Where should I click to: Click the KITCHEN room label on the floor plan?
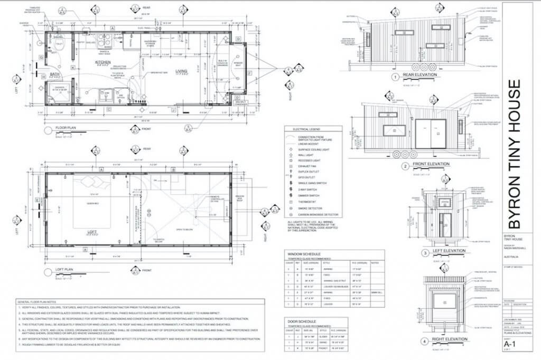102,62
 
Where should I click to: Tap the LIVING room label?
182,70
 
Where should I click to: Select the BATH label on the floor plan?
54,74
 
